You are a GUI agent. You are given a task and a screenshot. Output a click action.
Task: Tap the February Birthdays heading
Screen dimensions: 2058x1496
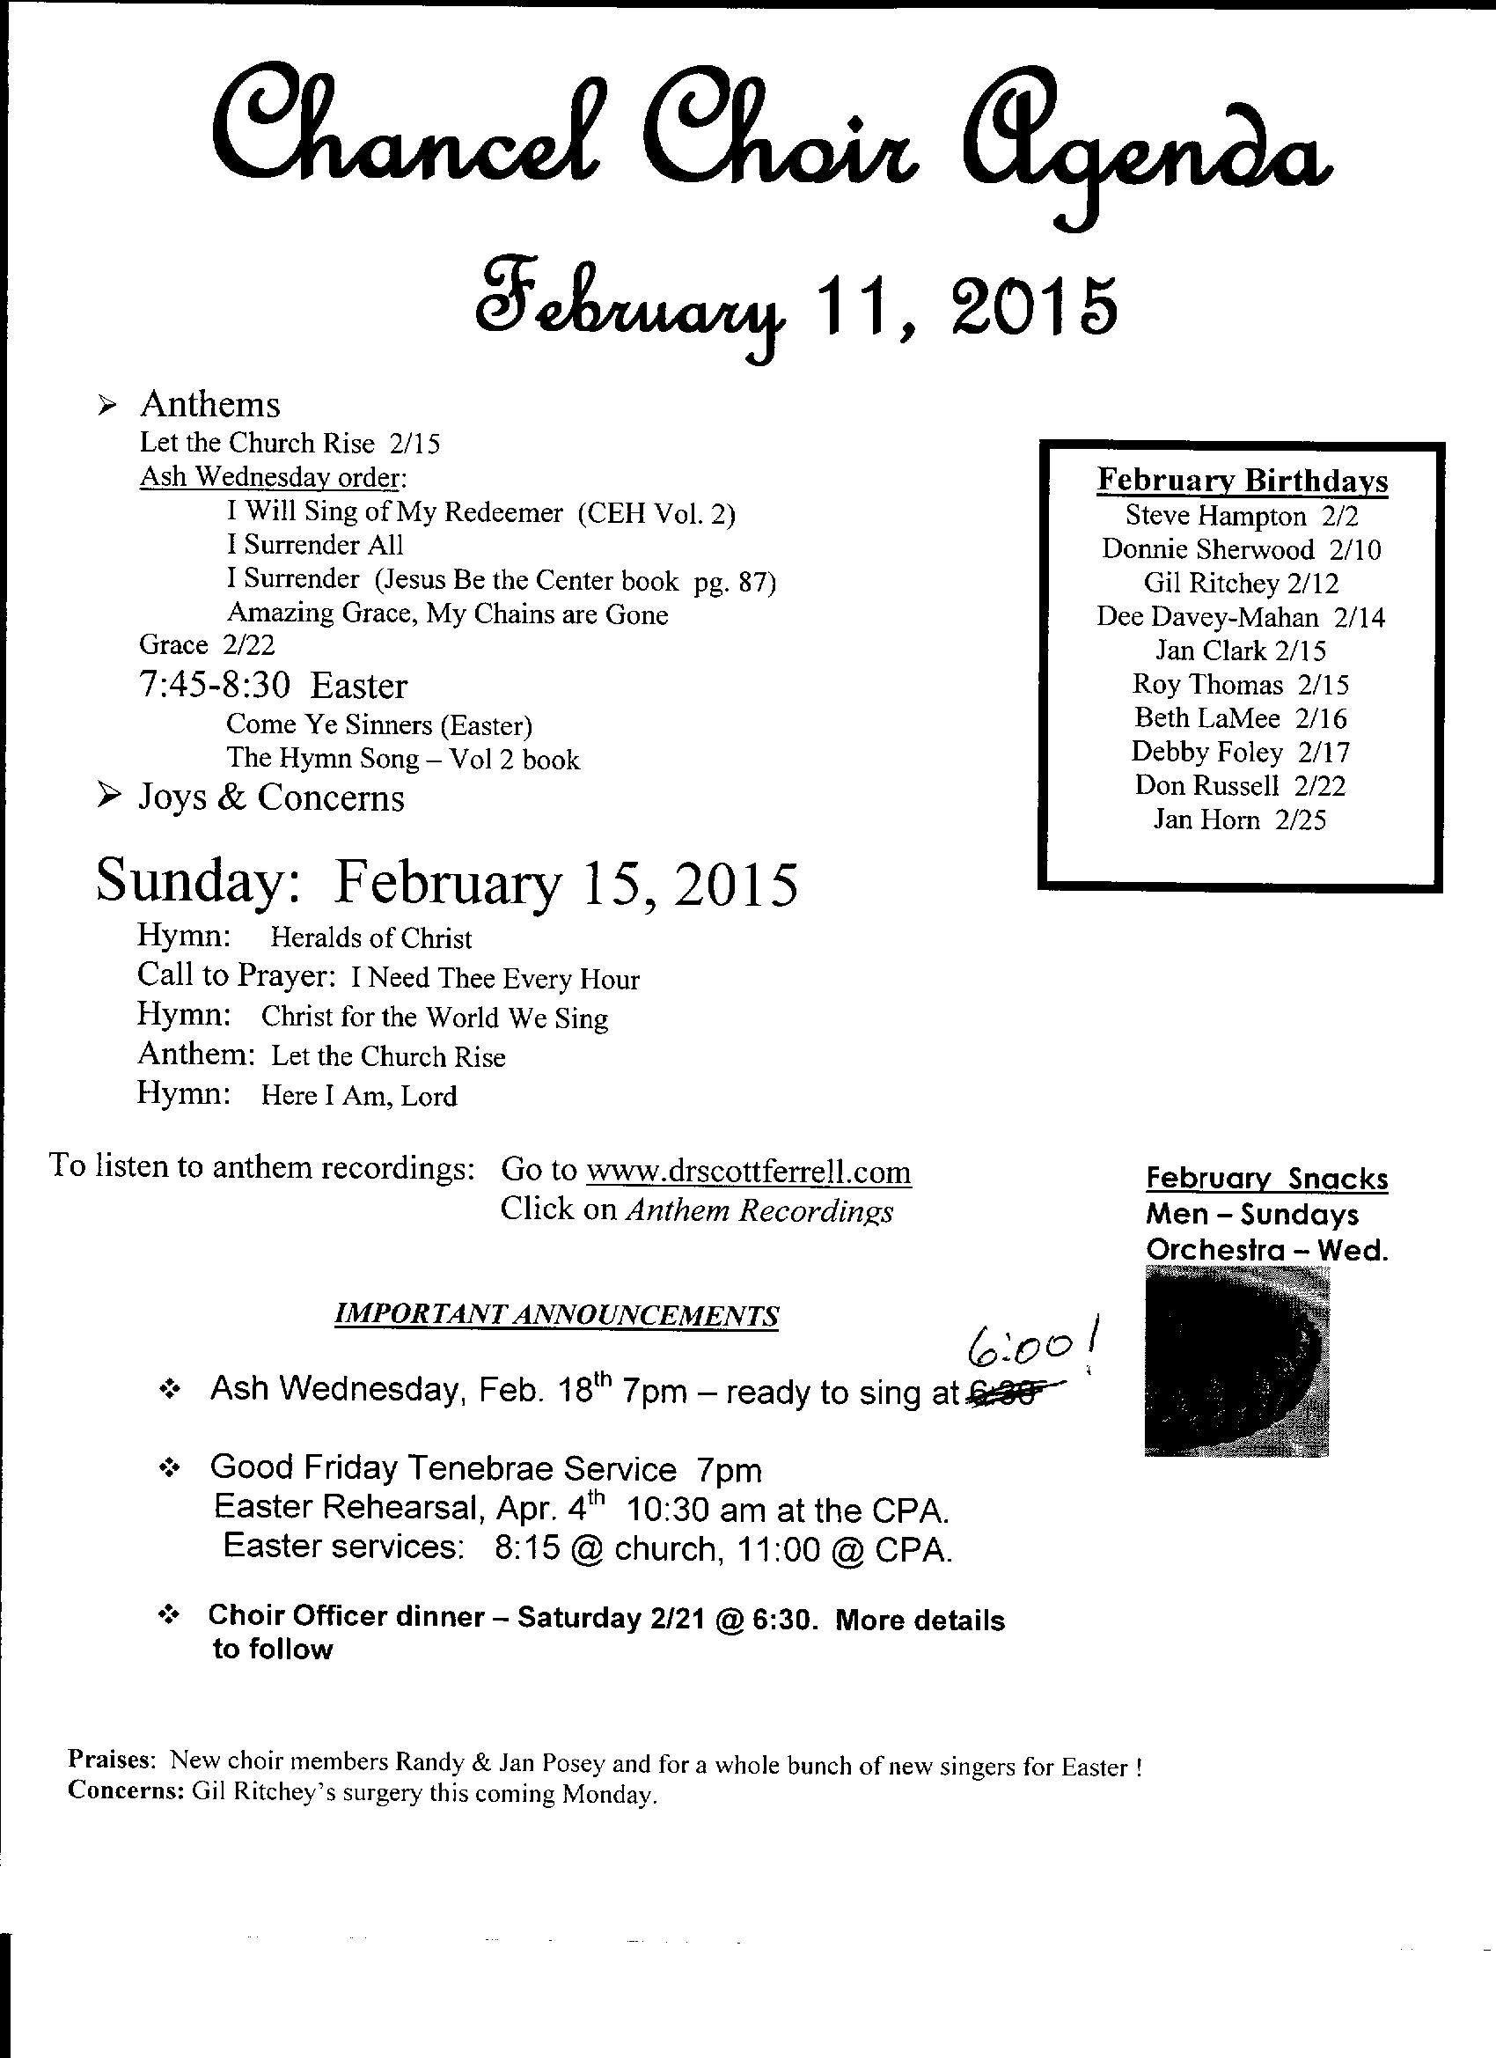[x=1242, y=480]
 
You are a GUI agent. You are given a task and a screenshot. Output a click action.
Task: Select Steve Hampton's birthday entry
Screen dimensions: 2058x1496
[x=1240, y=516]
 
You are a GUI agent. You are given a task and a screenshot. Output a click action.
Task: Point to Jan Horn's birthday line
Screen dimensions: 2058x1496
[x=1239, y=820]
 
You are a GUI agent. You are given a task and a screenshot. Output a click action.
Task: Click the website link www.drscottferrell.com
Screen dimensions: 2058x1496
[x=749, y=1172]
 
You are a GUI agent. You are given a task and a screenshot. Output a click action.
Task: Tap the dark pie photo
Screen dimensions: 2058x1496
[x=1237, y=1361]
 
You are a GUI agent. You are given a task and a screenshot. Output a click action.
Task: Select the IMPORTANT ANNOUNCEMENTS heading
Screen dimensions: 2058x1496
[x=556, y=1315]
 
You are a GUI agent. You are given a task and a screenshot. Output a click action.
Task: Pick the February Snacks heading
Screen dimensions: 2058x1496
[x=1266, y=1179]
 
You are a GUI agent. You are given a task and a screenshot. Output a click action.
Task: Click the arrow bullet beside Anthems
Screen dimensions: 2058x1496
[x=107, y=408]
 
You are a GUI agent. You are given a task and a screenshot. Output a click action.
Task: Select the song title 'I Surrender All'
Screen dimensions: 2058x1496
[x=315, y=546]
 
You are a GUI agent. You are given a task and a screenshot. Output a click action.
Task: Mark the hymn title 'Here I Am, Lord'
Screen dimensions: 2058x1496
[x=358, y=1096]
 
